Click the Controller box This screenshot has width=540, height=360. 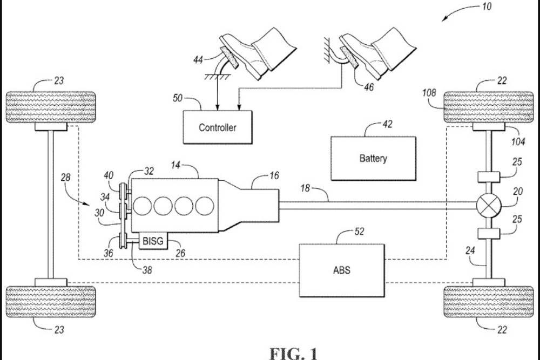tap(217, 127)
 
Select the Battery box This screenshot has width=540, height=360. tap(373, 158)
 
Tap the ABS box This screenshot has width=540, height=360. tap(341, 269)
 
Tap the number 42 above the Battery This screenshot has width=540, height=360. tap(387, 125)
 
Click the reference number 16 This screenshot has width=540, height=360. tap(274, 176)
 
